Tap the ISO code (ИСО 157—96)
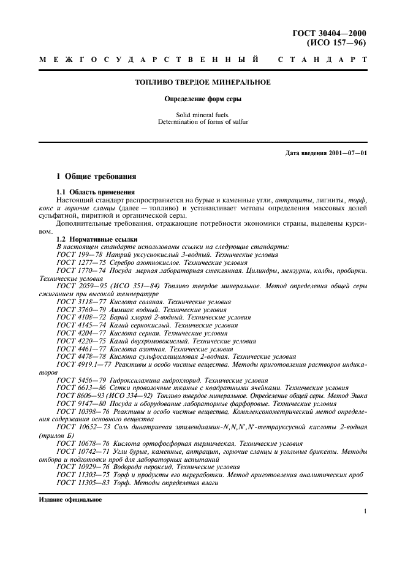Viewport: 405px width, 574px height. (x=336, y=44)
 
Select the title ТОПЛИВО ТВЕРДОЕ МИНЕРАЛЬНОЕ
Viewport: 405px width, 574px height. (x=203, y=82)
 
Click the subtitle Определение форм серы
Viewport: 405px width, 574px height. (x=203, y=99)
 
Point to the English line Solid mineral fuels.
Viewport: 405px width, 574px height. (x=203, y=115)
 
